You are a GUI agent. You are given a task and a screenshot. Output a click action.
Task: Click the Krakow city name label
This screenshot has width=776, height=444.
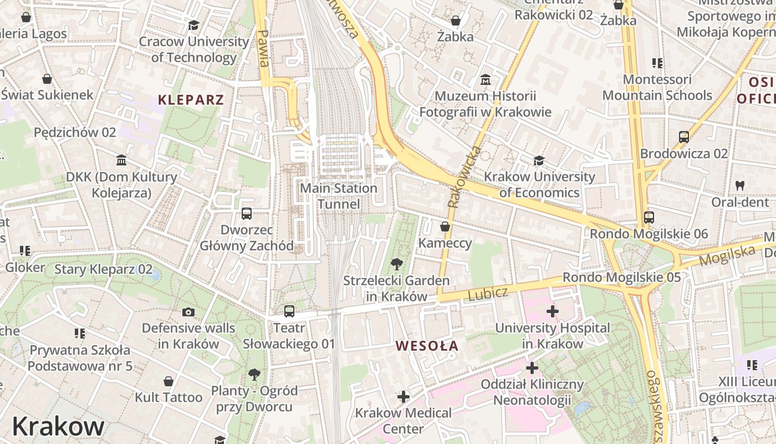click(x=58, y=426)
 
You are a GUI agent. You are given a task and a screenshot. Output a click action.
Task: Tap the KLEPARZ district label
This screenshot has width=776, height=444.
click(x=191, y=100)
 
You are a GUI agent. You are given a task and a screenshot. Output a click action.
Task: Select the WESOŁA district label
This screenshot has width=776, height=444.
click(x=427, y=346)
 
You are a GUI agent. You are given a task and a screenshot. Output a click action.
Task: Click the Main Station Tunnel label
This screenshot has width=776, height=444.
click(x=338, y=196)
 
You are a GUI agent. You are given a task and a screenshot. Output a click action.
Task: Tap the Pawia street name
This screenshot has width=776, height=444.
click(x=263, y=48)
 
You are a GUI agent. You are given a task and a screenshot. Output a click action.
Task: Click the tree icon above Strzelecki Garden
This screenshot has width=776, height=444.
click(x=396, y=264)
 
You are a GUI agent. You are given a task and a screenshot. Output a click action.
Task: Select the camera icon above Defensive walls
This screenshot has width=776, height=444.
click(x=188, y=312)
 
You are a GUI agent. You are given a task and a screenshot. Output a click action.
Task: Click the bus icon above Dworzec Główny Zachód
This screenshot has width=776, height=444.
click(x=247, y=213)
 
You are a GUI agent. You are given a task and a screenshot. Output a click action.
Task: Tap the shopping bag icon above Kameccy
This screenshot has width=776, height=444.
click(x=445, y=226)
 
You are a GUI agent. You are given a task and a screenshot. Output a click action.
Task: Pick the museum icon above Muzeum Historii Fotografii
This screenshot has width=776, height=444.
click(x=486, y=80)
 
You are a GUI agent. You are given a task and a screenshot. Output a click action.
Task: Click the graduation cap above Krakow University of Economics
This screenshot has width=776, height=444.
click(x=539, y=161)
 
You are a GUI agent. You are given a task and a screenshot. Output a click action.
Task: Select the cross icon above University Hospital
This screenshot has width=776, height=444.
click(x=552, y=311)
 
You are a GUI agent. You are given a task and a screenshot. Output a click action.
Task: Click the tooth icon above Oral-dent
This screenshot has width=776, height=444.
click(x=740, y=185)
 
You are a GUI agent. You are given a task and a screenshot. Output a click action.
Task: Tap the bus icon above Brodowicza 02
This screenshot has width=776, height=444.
click(x=683, y=137)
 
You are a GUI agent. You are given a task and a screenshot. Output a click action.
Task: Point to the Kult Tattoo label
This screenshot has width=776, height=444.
click(x=169, y=397)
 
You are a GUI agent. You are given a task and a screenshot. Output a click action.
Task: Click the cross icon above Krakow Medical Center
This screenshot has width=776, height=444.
click(x=404, y=397)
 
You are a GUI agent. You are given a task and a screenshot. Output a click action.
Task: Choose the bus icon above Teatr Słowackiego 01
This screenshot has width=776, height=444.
click(x=289, y=311)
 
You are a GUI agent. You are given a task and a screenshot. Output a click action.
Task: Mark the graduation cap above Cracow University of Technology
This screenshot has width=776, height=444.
click(x=193, y=25)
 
